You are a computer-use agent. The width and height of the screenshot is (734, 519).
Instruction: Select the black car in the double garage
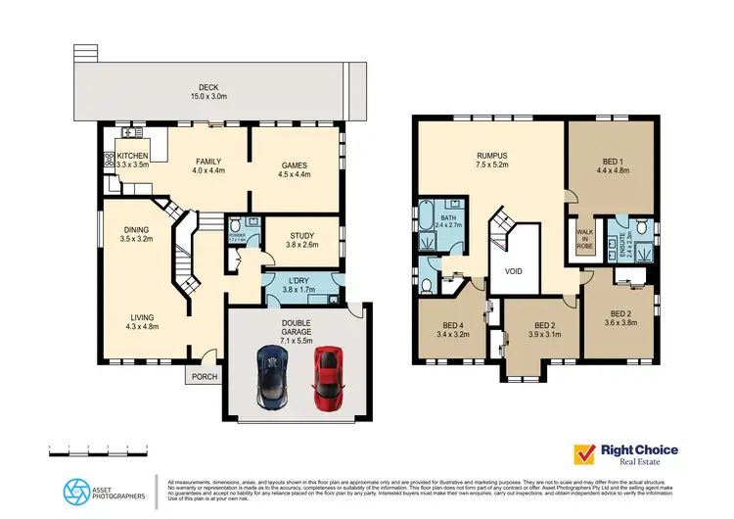point(270,377)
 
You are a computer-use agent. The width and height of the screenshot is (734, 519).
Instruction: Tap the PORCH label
point(205,375)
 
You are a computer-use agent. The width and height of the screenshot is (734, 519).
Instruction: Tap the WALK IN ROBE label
point(583,241)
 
